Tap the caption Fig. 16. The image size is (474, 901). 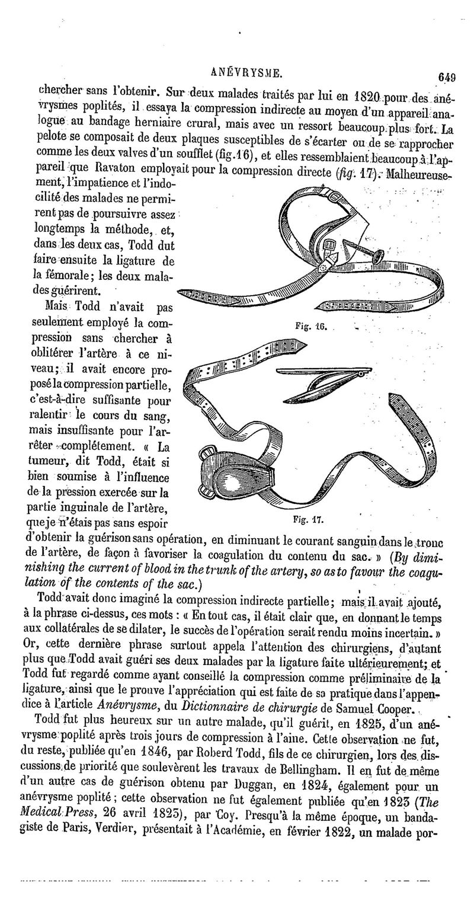(x=307, y=325)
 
